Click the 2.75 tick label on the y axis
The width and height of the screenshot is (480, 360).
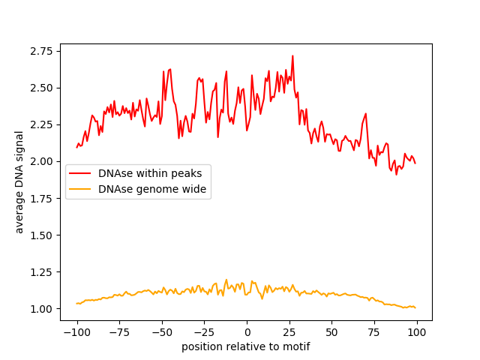42,51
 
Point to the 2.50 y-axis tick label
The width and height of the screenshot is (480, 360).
42,88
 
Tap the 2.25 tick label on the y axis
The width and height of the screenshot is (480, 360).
42,124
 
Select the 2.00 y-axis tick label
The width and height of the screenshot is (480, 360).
42,161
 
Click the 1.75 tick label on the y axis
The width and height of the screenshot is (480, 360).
42,199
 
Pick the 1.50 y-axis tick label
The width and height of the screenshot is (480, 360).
42,235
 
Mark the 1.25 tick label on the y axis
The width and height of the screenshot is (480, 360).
42,272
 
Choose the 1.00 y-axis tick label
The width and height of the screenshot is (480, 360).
42,309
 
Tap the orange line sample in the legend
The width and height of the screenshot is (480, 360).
80,190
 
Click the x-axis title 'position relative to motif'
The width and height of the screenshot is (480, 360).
245,346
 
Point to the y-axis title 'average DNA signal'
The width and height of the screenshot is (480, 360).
20,181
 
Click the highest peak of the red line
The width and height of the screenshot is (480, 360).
292,55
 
